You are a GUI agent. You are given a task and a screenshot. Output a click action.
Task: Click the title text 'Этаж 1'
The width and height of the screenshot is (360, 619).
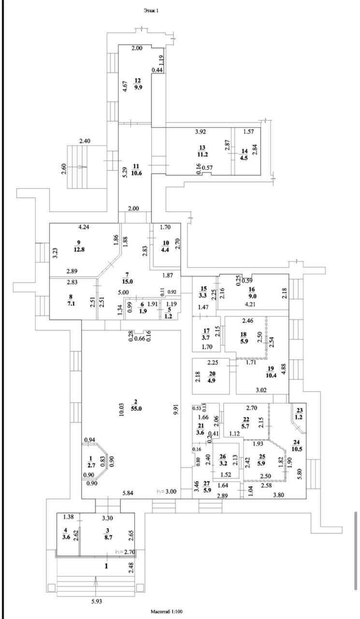pos(151,11)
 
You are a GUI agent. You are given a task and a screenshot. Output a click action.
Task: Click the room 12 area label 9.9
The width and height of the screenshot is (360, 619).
pos(138,88)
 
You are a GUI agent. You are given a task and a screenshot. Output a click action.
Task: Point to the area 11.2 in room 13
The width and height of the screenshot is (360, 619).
pos(202,154)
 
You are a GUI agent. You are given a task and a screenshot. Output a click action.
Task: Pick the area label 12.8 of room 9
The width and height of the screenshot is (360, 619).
pos(79,249)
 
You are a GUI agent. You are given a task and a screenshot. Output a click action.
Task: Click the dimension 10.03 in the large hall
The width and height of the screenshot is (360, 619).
pos(122,409)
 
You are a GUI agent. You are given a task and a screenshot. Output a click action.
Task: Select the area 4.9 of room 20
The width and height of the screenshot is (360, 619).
pos(212,381)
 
